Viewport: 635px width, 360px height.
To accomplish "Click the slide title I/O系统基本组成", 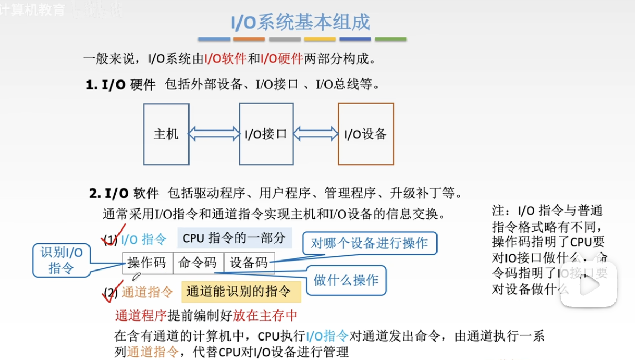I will tap(301, 22).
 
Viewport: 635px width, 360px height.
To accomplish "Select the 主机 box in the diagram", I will tap(166, 134).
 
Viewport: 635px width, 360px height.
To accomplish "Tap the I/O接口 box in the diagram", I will tap(266, 134).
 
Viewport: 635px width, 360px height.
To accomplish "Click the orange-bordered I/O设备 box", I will tap(365, 134).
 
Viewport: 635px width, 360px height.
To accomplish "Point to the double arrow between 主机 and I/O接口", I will tap(214, 134).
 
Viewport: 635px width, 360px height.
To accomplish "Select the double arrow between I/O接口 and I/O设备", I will tap(315, 134).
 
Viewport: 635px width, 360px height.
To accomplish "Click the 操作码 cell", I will tap(147, 263).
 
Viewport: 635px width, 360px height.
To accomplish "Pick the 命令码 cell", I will tap(198, 263).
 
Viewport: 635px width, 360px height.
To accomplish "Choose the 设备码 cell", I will tap(249, 263).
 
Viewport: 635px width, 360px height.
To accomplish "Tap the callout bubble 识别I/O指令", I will tap(61, 261).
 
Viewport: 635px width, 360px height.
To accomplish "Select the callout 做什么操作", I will tap(346, 280).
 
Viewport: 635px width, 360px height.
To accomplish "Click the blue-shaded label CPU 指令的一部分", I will tap(234, 238).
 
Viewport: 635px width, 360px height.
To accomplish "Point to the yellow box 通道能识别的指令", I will tap(241, 292).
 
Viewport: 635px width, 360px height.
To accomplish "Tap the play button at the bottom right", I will tap(588, 285).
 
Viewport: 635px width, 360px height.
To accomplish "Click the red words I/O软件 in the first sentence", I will tap(225, 58).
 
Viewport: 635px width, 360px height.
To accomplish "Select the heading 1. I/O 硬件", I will tap(121, 84).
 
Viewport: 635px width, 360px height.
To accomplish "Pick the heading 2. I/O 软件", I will tap(124, 194).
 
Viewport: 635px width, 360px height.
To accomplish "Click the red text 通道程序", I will tap(141, 315).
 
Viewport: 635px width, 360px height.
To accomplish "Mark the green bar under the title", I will tap(390, 39).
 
